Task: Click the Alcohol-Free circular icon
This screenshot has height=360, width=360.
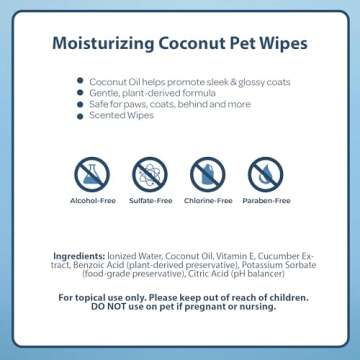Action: [x=92, y=175]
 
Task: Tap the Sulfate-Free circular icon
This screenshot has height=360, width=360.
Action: [x=150, y=175]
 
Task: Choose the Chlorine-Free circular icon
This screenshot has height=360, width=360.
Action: [x=208, y=175]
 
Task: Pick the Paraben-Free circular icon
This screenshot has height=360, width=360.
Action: [x=266, y=175]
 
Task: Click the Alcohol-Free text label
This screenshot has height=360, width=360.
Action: [x=92, y=200]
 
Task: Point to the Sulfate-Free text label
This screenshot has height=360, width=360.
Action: [x=150, y=200]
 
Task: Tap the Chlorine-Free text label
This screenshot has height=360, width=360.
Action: [x=208, y=200]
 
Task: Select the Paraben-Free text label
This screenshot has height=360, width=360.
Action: [x=266, y=200]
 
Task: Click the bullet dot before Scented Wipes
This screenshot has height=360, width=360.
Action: [x=79, y=116]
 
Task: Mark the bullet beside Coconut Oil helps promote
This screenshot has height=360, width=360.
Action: [x=79, y=81]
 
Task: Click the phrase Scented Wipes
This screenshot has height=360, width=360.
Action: [x=112, y=116]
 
